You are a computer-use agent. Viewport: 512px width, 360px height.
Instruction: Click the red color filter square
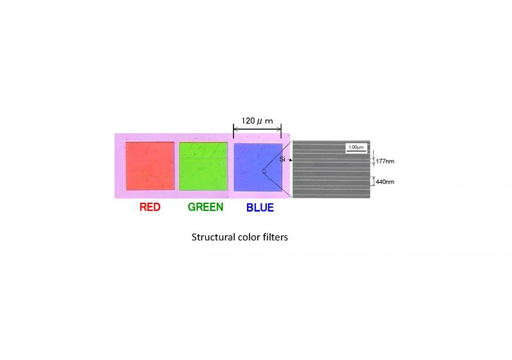[150, 166]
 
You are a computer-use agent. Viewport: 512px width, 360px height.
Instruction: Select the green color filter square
[203, 166]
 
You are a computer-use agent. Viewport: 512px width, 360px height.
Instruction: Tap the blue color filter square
[258, 167]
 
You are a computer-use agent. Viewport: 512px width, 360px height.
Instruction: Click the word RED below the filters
[150, 207]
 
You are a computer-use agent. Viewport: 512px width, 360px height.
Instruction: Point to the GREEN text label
[205, 207]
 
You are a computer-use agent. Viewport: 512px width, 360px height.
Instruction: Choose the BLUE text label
[260, 208]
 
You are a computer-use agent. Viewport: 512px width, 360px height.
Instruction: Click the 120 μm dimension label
[257, 121]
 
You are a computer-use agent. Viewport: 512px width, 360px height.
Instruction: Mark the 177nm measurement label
[385, 161]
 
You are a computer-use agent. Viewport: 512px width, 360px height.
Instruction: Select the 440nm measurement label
[385, 182]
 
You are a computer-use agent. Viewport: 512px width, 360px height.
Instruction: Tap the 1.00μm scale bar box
[356, 148]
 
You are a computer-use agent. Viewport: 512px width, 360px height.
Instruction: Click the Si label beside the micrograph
[282, 159]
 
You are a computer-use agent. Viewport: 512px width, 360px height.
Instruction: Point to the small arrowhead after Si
[291, 160]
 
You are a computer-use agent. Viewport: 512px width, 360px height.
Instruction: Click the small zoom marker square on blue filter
[264, 171]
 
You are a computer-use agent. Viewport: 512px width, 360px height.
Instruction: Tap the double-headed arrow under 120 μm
[257, 129]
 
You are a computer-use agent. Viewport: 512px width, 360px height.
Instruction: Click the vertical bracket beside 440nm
[374, 181]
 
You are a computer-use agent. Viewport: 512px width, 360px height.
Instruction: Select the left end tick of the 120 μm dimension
[234, 131]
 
